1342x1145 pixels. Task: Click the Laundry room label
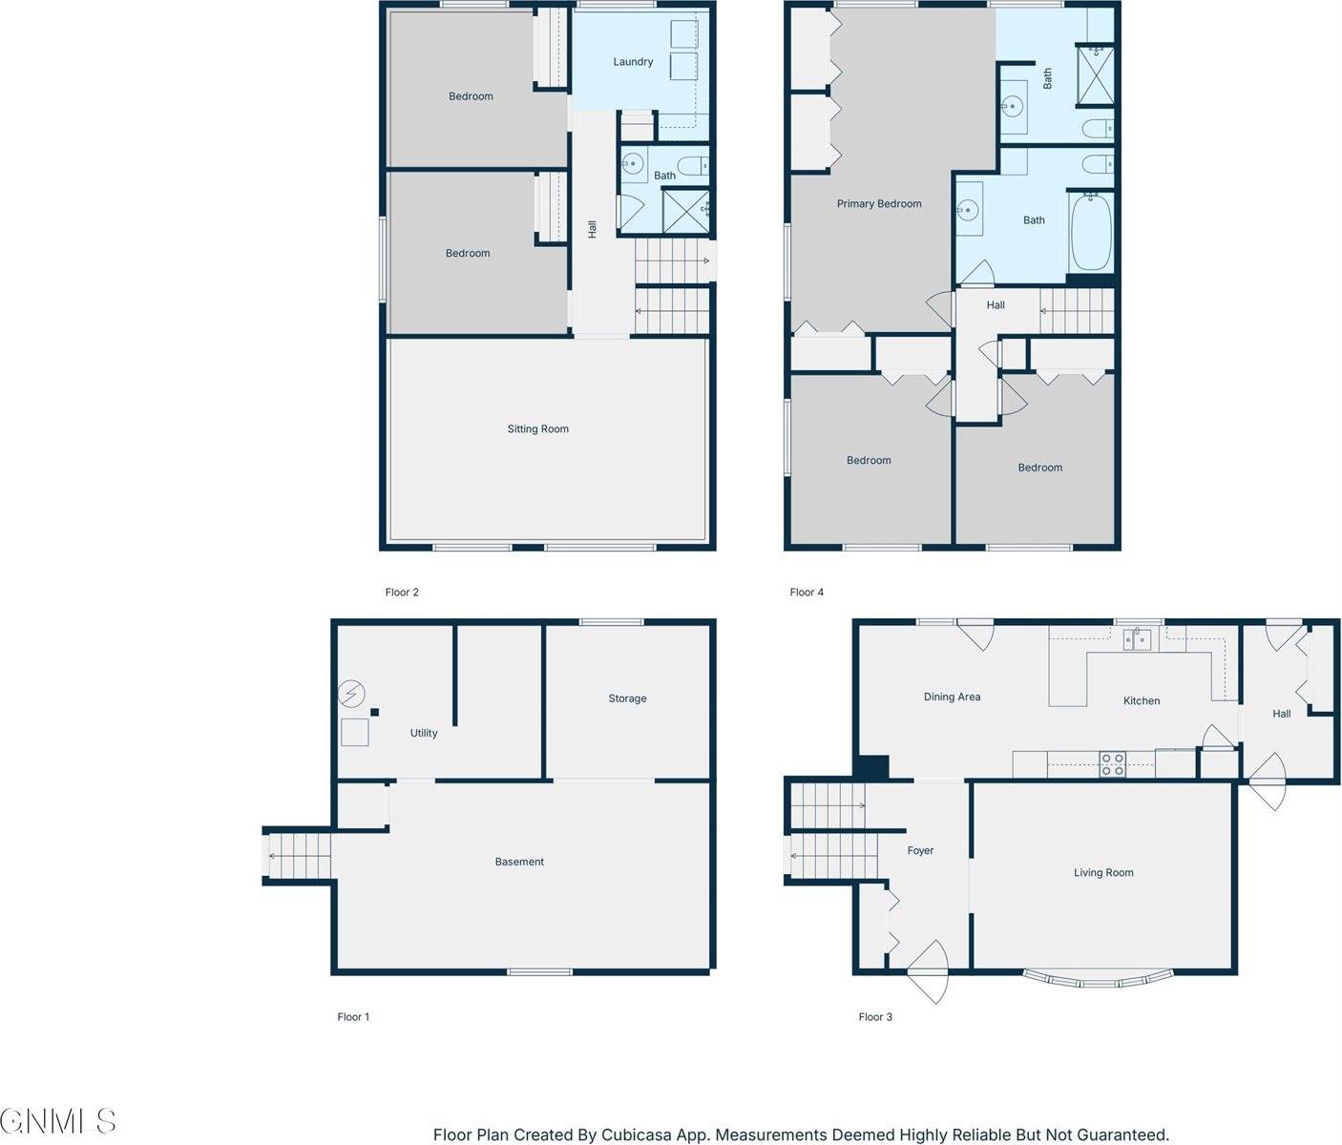coord(633,62)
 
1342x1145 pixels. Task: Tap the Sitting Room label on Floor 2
coord(537,429)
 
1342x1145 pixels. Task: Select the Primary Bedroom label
coord(878,204)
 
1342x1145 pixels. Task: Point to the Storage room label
coord(627,698)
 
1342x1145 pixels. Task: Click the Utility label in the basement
coord(424,733)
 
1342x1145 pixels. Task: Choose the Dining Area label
coord(952,697)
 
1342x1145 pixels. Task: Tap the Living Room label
coord(1102,872)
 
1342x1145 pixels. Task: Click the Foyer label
coord(920,850)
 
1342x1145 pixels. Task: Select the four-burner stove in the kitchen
coord(1112,764)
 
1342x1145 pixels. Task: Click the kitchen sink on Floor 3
coord(1137,638)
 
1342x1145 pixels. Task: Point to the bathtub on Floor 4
coord(1091,233)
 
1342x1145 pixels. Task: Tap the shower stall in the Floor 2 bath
coord(685,211)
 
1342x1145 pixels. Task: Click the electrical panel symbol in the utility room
coord(351,693)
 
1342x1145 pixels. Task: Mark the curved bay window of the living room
coord(1098,979)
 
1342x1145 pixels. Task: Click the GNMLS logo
coord(58,1120)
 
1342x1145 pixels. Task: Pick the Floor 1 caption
coord(353,1016)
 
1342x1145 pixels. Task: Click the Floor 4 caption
coord(807,592)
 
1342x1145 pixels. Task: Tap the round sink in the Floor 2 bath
coord(632,163)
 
